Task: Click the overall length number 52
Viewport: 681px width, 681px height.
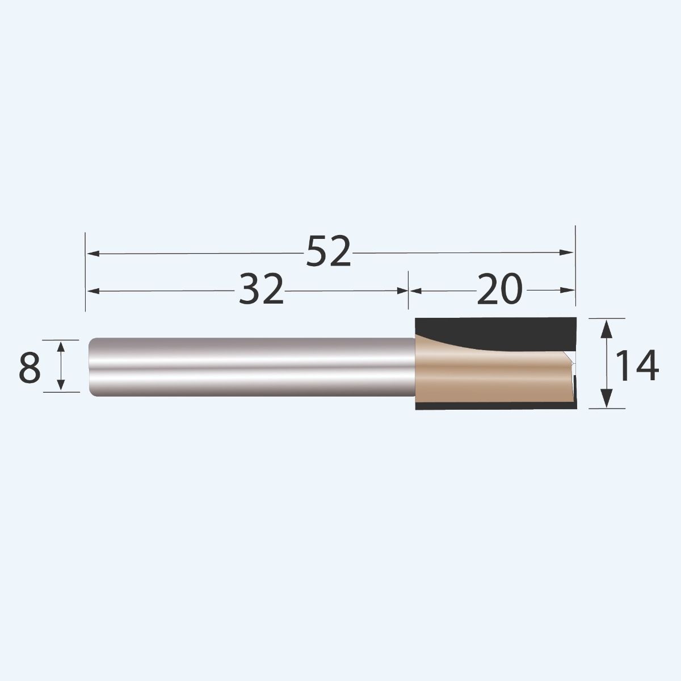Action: tap(329, 252)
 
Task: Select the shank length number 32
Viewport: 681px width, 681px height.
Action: tap(260, 289)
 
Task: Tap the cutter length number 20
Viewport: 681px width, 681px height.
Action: tap(499, 289)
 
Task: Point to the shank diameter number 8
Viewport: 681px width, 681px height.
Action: tap(30, 367)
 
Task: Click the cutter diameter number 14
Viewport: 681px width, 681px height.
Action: tap(637, 366)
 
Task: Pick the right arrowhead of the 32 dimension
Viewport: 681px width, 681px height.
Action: tap(402, 291)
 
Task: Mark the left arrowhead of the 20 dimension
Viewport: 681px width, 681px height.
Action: tap(415, 291)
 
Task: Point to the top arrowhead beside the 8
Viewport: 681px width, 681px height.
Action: tap(61, 346)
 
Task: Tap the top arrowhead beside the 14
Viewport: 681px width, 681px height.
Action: tap(607, 326)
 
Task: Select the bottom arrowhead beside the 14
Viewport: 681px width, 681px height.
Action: tap(607, 401)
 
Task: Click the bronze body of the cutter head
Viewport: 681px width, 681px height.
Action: tap(488, 377)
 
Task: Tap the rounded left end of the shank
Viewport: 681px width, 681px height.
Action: tap(93, 367)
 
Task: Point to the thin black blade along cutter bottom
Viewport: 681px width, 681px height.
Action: tap(494, 407)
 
